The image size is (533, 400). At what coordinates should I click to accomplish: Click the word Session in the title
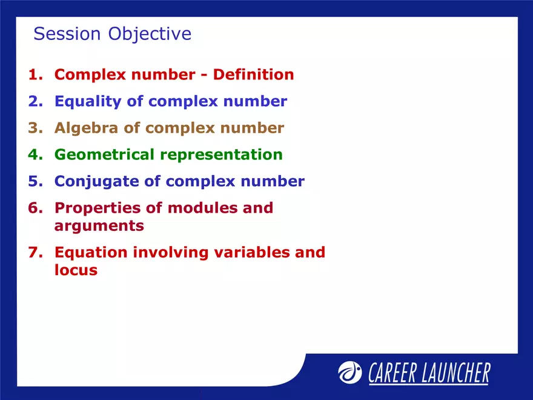pyautogui.click(x=67, y=34)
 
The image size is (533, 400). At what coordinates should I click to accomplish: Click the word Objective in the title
pyautogui.click(x=150, y=34)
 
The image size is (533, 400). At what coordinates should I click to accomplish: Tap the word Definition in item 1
pyautogui.click(x=253, y=75)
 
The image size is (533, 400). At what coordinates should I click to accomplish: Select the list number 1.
pyautogui.click(x=35, y=75)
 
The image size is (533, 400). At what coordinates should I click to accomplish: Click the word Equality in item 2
pyautogui.click(x=88, y=101)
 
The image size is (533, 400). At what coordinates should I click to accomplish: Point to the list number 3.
pyautogui.click(x=35, y=128)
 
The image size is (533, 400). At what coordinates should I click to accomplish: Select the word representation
pyautogui.click(x=221, y=155)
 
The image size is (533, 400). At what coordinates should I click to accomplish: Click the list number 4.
pyautogui.click(x=35, y=155)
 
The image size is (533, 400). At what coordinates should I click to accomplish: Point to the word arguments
pyautogui.click(x=99, y=227)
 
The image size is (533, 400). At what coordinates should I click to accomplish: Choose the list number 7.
pyautogui.click(x=35, y=252)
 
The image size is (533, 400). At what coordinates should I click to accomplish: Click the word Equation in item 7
pyautogui.click(x=91, y=252)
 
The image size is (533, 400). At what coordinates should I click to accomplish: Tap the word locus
pyautogui.click(x=76, y=270)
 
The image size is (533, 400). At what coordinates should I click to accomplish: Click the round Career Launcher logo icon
pyautogui.click(x=350, y=373)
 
